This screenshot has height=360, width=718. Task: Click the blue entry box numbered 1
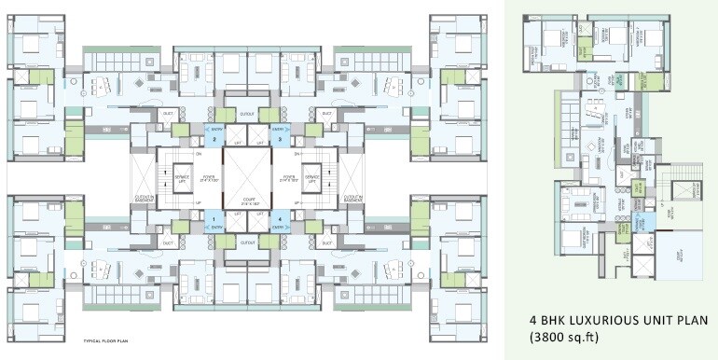click(x=214, y=220)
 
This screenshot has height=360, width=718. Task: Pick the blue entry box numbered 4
click(x=280, y=220)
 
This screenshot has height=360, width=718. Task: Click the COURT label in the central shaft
click(x=247, y=199)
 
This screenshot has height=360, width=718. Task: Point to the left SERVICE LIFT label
click(x=183, y=176)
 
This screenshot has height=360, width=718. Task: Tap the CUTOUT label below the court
click(x=247, y=242)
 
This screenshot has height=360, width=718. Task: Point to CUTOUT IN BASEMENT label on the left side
click(x=145, y=199)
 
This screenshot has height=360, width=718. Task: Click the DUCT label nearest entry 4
click(x=325, y=242)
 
